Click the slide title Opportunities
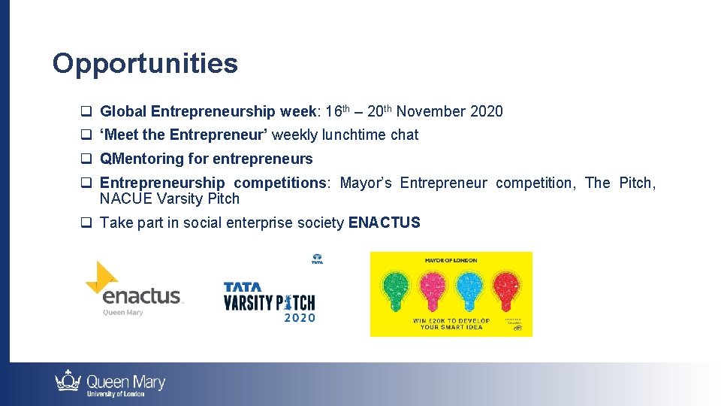[x=145, y=64]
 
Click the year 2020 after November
[x=486, y=112]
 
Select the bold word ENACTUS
[x=385, y=223]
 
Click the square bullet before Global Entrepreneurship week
[x=86, y=112]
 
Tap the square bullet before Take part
[x=86, y=223]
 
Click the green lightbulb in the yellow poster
[x=397, y=289]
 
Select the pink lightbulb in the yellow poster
[x=433, y=289]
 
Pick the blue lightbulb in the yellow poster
[x=469, y=289]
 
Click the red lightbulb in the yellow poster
[x=505, y=289]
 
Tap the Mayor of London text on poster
[x=451, y=261]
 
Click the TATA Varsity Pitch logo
[x=270, y=298]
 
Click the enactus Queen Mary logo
[x=135, y=290]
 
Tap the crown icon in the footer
[x=68, y=381]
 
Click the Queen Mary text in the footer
[x=125, y=382]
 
